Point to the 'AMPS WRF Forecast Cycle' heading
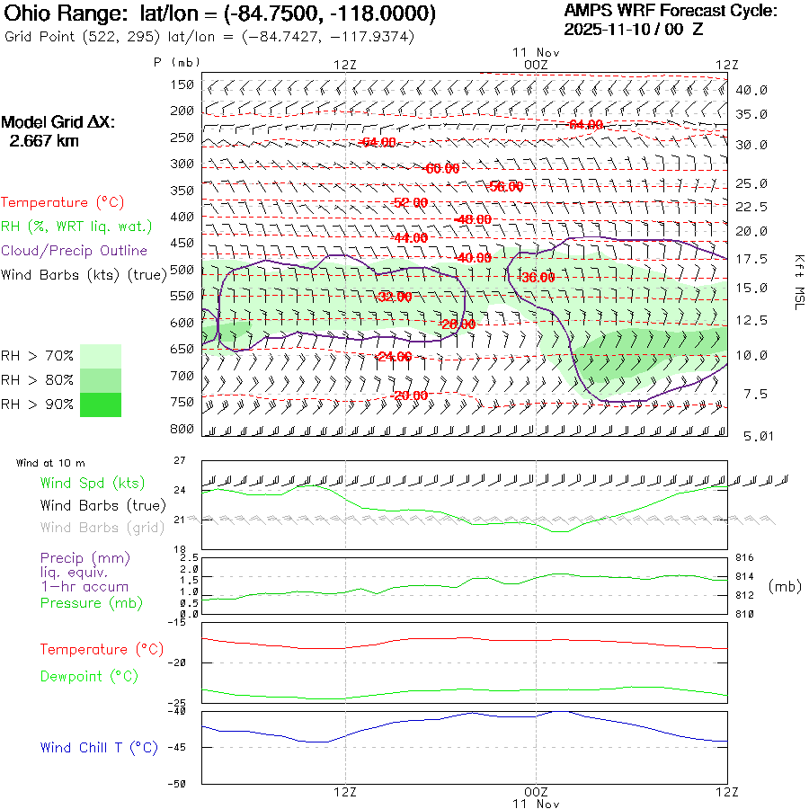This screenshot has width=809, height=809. pos(670,11)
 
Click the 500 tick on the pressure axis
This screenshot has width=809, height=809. pos(182,269)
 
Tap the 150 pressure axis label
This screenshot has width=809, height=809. pos(182,84)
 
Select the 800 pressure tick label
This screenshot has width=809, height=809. pos(182,428)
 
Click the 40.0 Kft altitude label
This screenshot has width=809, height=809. pos(751,90)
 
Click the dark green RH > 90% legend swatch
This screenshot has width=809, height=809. pos(101,404)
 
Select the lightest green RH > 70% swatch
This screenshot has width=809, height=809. pos(101,356)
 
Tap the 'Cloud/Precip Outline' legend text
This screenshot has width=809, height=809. pos(75,250)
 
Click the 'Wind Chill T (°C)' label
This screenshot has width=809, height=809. pos(99,747)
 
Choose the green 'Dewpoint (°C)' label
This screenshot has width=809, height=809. pos(89,676)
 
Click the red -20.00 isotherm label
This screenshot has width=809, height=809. pos(410,396)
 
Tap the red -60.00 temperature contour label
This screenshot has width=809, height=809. pos(441,168)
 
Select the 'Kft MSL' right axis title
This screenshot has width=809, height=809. pos(798,281)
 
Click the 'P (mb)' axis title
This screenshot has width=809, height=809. pos(176,62)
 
